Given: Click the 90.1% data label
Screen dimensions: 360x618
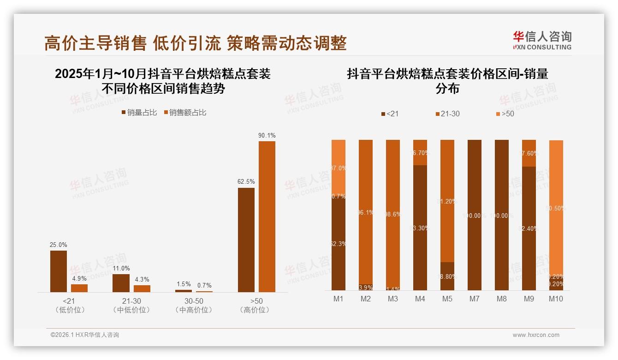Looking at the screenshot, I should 267,136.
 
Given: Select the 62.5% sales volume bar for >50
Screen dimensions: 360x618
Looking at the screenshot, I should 246,240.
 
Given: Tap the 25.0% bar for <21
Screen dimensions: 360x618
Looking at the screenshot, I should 59,271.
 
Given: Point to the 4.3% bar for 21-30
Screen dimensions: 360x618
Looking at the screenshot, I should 142,288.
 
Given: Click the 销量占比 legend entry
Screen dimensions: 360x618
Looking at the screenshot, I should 139,113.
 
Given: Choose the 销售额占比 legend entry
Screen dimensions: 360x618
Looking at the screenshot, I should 185,113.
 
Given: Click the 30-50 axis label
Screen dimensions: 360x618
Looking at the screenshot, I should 194,301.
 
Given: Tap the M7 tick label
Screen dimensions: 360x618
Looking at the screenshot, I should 474,299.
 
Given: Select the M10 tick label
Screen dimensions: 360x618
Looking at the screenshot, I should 556,299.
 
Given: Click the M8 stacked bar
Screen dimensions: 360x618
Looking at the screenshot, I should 501,215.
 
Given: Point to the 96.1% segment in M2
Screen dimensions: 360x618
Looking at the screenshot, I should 366,212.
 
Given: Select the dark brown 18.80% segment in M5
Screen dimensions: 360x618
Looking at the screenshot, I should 447,276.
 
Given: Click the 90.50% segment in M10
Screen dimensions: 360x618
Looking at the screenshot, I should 556,208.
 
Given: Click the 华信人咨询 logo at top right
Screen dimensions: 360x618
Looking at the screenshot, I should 542,40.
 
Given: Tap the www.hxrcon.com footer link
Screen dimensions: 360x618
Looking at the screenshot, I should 536,335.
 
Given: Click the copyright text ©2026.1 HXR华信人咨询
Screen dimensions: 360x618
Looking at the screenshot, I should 85,335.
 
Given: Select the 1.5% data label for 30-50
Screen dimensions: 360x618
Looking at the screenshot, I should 183,284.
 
